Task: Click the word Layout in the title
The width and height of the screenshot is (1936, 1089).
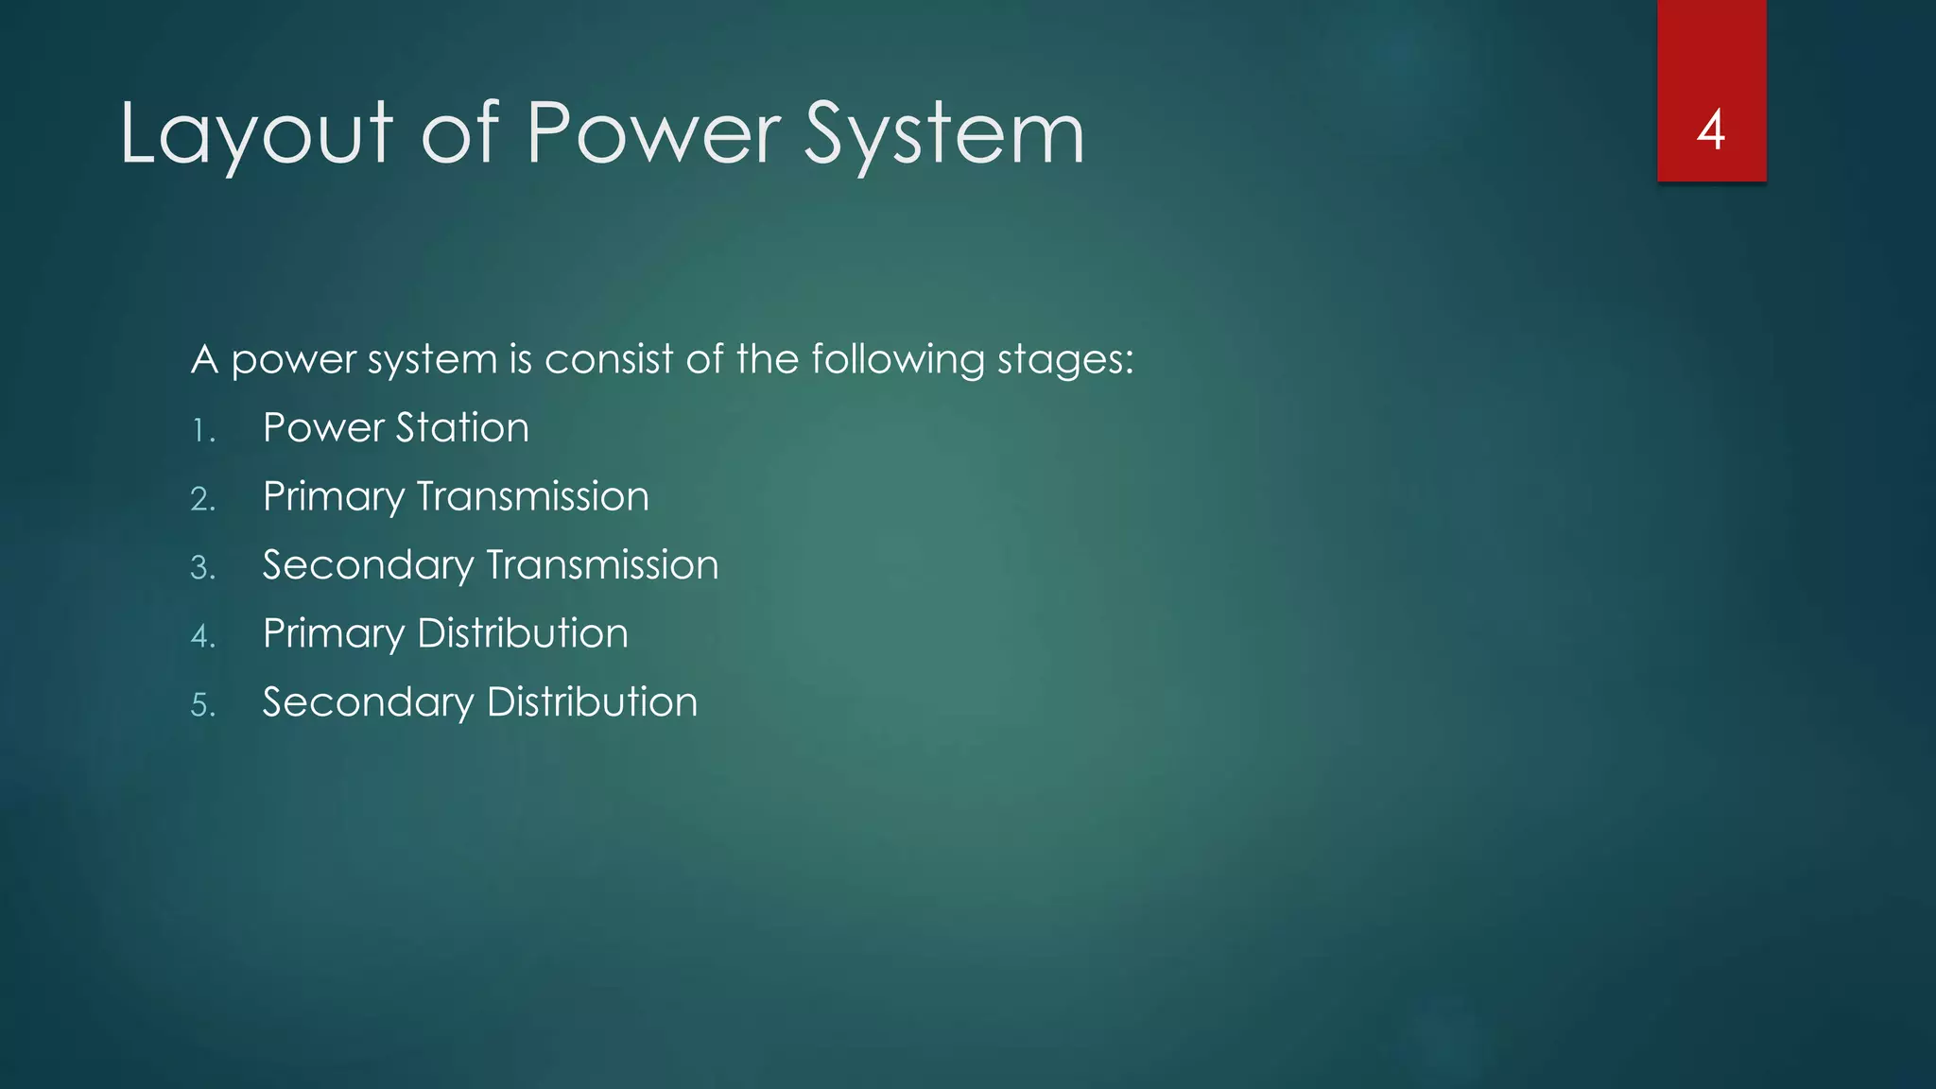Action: coord(255,134)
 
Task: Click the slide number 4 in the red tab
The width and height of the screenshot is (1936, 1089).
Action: coord(1711,130)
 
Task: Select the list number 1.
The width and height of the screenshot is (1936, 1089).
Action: coord(202,431)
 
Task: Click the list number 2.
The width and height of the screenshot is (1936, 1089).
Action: coord(202,499)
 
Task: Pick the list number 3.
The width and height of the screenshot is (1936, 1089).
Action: coord(202,568)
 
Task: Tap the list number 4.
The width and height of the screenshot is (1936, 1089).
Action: coord(202,636)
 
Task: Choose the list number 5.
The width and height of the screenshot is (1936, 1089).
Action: coord(202,705)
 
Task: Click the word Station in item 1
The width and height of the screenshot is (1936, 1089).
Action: coord(462,428)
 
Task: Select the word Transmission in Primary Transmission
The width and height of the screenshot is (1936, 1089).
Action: coord(533,497)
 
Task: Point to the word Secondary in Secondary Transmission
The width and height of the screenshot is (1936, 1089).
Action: coord(368,566)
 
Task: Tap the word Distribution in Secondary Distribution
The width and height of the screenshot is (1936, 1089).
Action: coord(592,702)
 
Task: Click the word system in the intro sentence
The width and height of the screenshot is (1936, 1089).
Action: coord(432,361)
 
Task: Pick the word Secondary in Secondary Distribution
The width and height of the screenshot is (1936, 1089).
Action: coord(368,703)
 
